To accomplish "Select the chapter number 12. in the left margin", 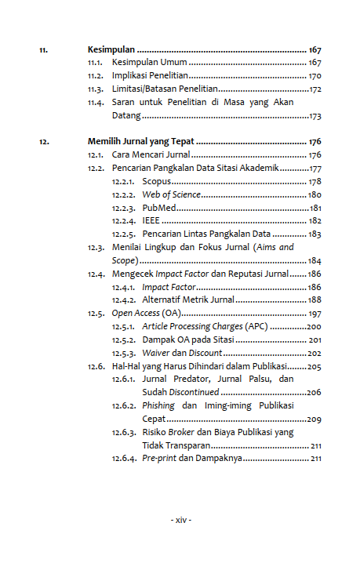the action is click(45, 142).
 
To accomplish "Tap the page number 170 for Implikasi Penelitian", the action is click(315, 76).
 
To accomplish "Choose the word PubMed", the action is click(158, 208).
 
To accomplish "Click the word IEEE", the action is click(151, 221).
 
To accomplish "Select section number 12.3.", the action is click(96, 247).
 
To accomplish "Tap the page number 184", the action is click(315, 260).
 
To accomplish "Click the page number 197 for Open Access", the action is click(315, 313).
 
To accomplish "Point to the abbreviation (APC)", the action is click(256, 326).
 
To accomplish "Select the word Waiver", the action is click(157, 353).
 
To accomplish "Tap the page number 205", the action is click(315, 366).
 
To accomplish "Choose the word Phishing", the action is click(159, 405).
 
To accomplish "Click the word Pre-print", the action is click(159, 458).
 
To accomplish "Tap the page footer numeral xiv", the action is click(180, 520).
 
